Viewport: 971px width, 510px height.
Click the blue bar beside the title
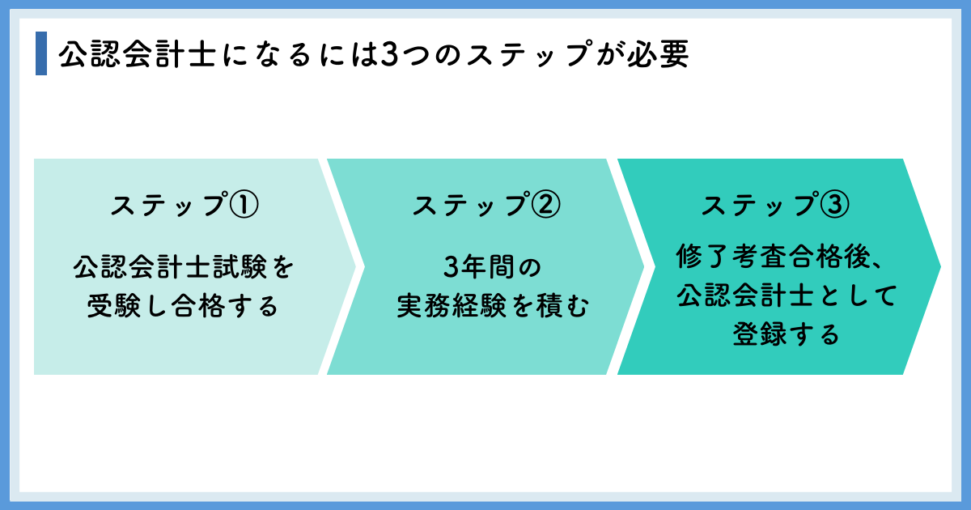(x=41, y=54)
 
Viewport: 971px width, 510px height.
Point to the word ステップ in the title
(x=502, y=54)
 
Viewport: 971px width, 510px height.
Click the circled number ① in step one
(x=244, y=205)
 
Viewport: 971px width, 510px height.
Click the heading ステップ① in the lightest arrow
(x=184, y=205)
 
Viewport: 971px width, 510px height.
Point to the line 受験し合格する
(x=183, y=306)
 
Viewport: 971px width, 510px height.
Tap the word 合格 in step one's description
(x=202, y=306)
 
